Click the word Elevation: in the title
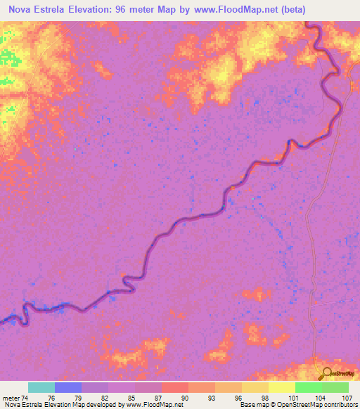(100, 8)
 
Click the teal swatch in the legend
(41, 387)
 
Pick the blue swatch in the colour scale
(68, 387)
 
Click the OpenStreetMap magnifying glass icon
(326, 372)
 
